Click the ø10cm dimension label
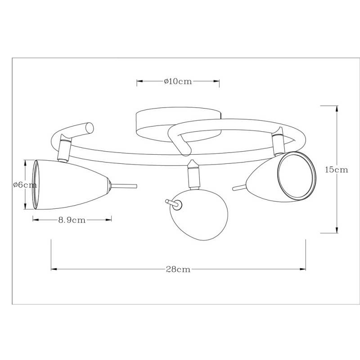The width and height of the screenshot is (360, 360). pyautogui.click(x=178, y=81)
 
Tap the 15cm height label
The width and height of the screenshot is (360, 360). pyautogui.click(x=337, y=170)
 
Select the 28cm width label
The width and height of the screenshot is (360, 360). pyautogui.click(x=178, y=270)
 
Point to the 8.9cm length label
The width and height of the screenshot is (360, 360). pyautogui.click(x=72, y=220)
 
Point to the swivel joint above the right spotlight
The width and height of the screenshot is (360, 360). pyautogui.click(x=277, y=141)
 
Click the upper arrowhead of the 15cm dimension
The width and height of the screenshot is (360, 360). pyautogui.click(x=337, y=108)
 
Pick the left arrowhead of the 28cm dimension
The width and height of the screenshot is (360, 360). pyautogui.click(x=54, y=270)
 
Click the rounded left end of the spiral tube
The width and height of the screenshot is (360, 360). pyautogui.click(x=88, y=128)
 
